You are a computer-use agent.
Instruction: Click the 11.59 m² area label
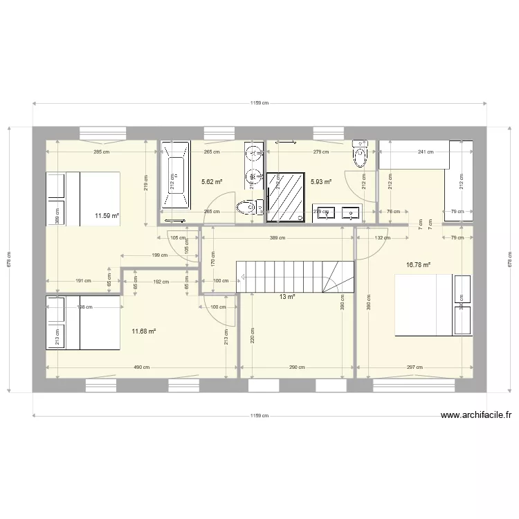click(x=107, y=216)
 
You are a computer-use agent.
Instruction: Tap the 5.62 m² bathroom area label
click(x=212, y=182)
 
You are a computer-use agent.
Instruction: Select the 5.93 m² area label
click(x=321, y=182)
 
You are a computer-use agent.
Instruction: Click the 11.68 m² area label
click(x=143, y=331)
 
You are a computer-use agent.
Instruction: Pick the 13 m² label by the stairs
click(x=287, y=296)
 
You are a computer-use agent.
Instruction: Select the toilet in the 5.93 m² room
click(x=359, y=154)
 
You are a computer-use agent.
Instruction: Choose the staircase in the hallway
click(x=294, y=277)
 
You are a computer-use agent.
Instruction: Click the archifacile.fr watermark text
click(x=475, y=415)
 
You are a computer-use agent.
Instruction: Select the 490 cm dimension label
click(x=141, y=367)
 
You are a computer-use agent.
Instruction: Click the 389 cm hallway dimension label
click(x=277, y=238)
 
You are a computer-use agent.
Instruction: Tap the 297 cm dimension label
click(x=415, y=367)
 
